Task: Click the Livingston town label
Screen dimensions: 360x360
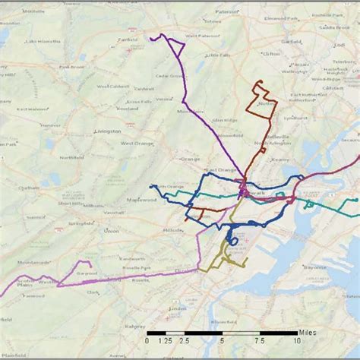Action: [108, 131]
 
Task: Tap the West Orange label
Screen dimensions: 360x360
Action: [137, 143]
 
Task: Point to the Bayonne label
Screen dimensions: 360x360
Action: [314, 267]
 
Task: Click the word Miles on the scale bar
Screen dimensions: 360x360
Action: [308, 332]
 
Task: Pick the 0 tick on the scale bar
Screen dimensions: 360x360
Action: [147, 342]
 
